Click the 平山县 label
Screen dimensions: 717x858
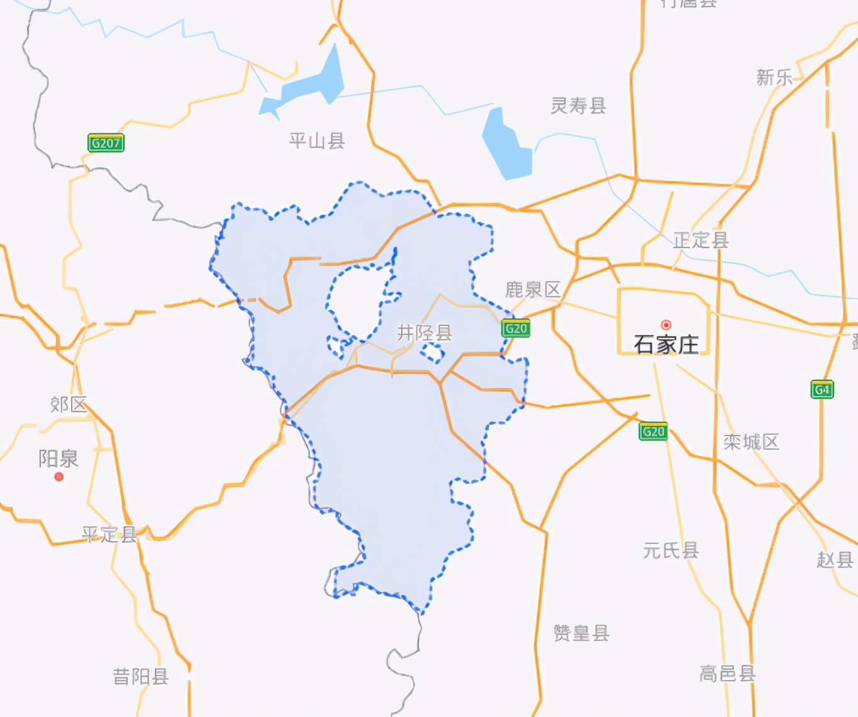click(317, 140)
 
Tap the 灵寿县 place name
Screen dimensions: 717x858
click(578, 106)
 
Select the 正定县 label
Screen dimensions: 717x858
click(701, 240)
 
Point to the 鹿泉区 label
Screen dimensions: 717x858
click(533, 289)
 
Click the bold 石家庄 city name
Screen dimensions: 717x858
click(666, 344)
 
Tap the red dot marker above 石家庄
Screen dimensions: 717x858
click(666, 325)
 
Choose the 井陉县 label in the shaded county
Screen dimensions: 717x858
click(424, 332)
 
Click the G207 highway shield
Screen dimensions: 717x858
click(106, 143)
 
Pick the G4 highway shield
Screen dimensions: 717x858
click(822, 390)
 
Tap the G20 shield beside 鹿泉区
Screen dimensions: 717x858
click(516, 328)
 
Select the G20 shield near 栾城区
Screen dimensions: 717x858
click(653, 431)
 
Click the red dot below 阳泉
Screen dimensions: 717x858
click(59, 477)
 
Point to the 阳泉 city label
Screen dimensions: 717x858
click(58, 458)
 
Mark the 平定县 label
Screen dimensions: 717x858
click(109, 534)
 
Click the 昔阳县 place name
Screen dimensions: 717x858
click(140, 676)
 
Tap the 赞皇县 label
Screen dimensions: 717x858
click(581, 633)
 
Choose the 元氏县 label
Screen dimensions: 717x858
click(671, 550)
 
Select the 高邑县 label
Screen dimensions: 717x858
click(727, 674)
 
